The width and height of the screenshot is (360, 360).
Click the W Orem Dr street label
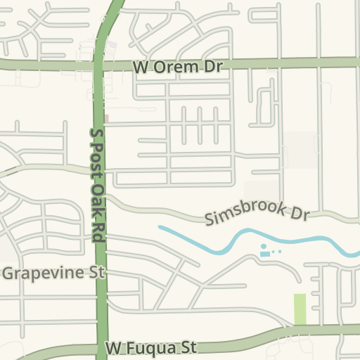[177, 66]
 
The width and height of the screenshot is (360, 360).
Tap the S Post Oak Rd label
[98, 186]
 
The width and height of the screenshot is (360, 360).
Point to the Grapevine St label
[53, 272]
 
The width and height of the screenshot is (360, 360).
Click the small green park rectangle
[300, 309]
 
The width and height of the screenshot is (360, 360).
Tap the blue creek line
[211, 245]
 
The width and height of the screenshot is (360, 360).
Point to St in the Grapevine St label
[95, 272]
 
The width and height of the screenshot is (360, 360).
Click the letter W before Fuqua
[115, 348]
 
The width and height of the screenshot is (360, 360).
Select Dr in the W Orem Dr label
[213, 66]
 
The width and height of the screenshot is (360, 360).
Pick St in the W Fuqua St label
[190, 347]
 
